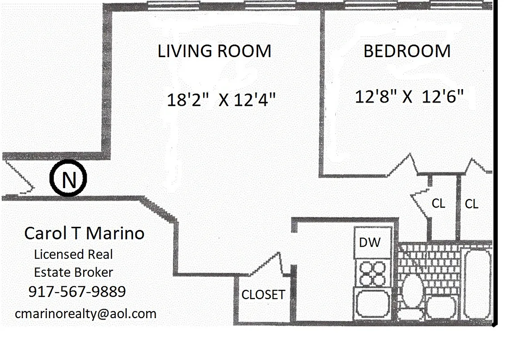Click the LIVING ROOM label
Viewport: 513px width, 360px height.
tap(214, 51)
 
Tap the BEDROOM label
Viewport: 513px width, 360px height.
tap(407, 51)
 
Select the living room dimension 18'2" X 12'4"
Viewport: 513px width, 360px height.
tap(221, 99)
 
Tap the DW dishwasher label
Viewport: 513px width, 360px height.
tap(370, 243)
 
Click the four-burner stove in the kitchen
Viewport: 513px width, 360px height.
tap(373, 274)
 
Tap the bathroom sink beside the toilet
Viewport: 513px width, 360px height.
tap(442, 307)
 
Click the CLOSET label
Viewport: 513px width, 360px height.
tap(263, 295)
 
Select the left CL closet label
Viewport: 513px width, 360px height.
tap(438, 204)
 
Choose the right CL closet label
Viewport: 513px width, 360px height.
tap(471, 204)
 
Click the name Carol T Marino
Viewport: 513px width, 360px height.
tap(84, 234)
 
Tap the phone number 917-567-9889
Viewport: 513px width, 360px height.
tap(77, 292)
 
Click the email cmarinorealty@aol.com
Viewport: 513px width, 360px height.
tap(85, 314)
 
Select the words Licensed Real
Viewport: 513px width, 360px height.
tap(73, 255)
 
